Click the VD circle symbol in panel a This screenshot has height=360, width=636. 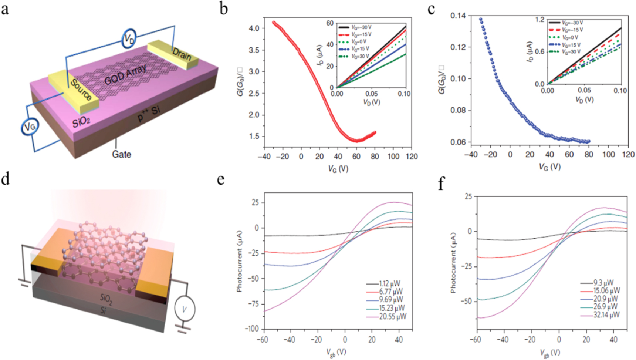[x=129, y=38]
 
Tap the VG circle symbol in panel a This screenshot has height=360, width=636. [x=30, y=127]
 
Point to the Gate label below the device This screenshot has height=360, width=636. [x=122, y=154]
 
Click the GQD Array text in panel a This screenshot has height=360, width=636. [x=125, y=74]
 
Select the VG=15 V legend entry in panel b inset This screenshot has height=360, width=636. [x=361, y=49]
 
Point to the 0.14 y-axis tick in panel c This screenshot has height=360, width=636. [x=458, y=16]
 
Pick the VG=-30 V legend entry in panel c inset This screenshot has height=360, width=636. [x=572, y=23]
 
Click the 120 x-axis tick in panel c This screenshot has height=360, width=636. [x=628, y=155]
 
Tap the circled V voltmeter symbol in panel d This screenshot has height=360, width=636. [x=185, y=309]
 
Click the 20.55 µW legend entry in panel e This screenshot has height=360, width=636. [x=392, y=317]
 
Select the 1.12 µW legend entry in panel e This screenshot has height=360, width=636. [x=389, y=284]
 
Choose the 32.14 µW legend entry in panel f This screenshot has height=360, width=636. [x=606, y=315]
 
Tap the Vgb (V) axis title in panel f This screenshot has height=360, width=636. [x=550, y=353]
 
